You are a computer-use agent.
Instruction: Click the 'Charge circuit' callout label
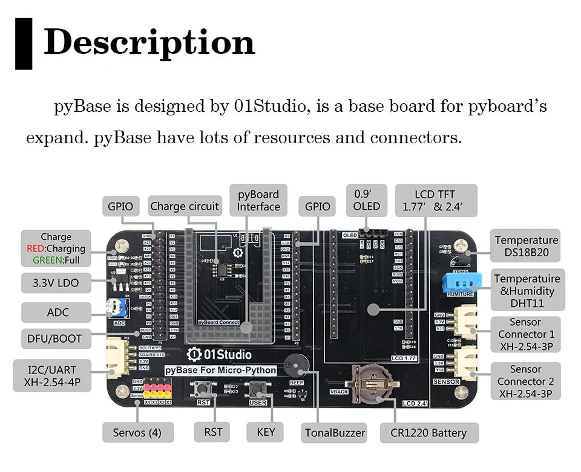coord(185,206)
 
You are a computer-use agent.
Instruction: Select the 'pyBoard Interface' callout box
coord(258,201)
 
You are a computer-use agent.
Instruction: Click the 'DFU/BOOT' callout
coord(54,338)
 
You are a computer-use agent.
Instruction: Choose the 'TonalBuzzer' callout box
coord(334,433)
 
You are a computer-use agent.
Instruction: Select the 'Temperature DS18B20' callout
coord(525,246)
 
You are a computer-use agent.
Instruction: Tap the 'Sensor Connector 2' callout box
coord(525,381)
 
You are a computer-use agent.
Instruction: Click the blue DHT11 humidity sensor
coord(460,281)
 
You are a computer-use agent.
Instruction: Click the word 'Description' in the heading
coord(149,42)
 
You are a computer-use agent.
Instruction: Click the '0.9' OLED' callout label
coord(367,200)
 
